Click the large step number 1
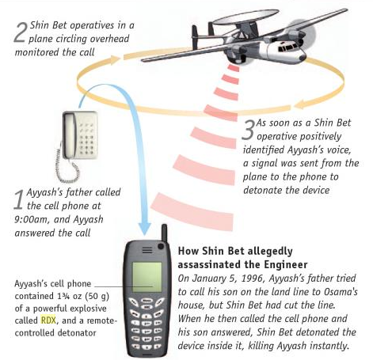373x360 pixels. point(19,199)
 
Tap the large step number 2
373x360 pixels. point(20,32)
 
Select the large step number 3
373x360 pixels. point(248,130)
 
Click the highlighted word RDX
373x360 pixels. point(48,320)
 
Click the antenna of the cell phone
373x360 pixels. point(165,233)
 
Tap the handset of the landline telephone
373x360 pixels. point(70,135)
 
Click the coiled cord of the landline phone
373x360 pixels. point(66,169)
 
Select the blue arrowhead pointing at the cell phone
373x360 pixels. point(144,229)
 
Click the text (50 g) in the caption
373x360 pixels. point(97,296)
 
